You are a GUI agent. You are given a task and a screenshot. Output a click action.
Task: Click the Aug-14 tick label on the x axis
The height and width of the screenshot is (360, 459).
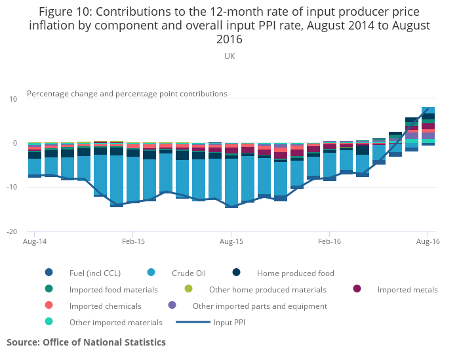pyautogui.click(x=34, y=242)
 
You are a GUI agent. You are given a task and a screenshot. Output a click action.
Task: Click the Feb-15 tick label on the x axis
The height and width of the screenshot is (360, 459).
pyautogui.click(x=133, y=242)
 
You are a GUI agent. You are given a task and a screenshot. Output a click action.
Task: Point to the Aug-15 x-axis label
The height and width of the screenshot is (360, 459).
pyautogui.click(x=231, y=242)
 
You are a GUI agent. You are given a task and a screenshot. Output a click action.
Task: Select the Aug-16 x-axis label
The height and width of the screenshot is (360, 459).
pyautogui.click(x=428, y=242)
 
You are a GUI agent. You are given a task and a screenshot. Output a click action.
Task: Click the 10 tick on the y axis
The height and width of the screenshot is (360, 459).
pyautogui.click(x=13, y=99)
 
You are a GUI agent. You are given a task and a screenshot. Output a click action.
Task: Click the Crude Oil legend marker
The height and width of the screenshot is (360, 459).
pyautogui.click(x=151, y=273)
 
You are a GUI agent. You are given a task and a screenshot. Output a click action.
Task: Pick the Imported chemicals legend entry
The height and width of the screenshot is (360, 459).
pyautogui.click(x=105, y=306)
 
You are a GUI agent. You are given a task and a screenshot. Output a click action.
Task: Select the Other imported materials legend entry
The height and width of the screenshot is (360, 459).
pyautogui.click(x=115, y=322)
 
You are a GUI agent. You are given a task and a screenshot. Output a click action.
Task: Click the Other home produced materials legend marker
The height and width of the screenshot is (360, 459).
pyautogui.click(x=189, y=289)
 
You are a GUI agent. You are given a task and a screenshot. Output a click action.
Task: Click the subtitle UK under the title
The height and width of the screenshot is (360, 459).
pyautogui.click(x=229, y=56)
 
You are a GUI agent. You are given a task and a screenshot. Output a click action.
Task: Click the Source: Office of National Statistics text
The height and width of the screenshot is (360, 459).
pyautogui.click(x=86, y=342)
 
